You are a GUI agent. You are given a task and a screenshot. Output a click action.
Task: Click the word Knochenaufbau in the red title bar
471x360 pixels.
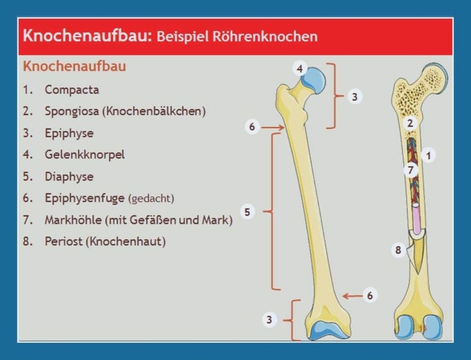[x=87, y=35]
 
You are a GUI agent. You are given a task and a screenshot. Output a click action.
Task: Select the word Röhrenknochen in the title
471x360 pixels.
[x=266, y=37]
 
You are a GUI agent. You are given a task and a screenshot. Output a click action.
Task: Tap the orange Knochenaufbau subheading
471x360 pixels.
[x=75, y=67]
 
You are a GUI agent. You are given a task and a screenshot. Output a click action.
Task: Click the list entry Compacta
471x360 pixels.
[x=72, y=90]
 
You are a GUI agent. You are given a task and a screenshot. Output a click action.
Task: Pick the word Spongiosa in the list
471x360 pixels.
[x=72, y=111]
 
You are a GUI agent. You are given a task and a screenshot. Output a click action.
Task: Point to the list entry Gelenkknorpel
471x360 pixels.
[x=85, y=155]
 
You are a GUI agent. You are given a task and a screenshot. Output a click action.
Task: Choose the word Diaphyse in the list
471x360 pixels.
[x=69, y=176]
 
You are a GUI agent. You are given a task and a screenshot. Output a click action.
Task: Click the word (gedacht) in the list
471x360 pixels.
[x=151, y=199]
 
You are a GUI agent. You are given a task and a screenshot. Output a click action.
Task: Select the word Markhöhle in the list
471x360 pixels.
[x=73, y=220]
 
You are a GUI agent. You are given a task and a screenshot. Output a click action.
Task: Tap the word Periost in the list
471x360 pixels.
[x=64, y=242]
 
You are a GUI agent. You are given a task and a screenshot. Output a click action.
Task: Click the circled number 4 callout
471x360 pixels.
[x=300, y=69]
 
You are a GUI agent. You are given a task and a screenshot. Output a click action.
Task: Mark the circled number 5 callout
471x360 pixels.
[x=247, y=212]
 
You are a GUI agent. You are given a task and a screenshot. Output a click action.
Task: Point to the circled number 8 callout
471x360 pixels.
[x=399, y=250]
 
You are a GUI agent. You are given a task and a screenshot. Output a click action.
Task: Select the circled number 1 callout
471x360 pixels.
[x=429, y=156]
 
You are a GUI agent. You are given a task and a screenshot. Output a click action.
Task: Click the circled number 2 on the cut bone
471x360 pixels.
[x=410, y=123]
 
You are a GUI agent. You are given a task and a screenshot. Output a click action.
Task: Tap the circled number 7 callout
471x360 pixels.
[x=410, y=170]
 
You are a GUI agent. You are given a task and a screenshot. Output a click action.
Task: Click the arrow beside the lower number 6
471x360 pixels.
[x=352, y=296]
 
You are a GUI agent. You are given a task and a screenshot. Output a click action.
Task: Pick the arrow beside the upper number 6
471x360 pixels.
[x=273, y=127]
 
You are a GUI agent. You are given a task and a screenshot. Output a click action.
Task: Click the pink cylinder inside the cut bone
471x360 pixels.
[x=416, y=219]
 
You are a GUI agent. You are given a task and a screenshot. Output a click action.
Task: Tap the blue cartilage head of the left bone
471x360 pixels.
[x=314, y=80]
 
